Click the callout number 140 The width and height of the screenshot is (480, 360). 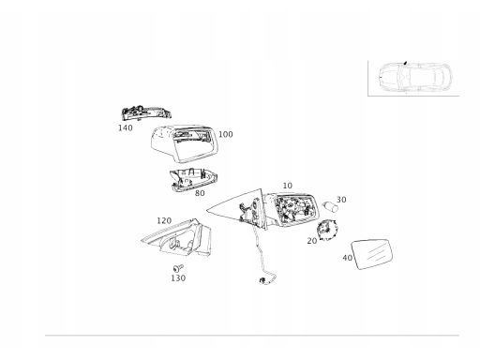coord(126,127)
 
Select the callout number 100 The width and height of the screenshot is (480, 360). coord(226,134)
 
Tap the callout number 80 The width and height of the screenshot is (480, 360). coord(200,193)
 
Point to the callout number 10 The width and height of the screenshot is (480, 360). coord(288,186)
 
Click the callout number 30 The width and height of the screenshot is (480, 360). coord(341,200)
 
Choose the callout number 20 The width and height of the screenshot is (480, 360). coord(312,241)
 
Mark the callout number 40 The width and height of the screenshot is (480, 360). coord(347,258)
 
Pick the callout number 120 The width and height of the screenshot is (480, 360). coord(164,221)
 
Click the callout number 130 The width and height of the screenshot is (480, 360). coord(178,277)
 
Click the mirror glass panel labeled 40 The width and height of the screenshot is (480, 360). coord(372,254)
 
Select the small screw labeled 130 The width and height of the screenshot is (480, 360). coord(178,268)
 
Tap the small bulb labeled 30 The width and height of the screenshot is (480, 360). coord(330,206)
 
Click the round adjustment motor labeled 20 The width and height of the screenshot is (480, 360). coord(327,230)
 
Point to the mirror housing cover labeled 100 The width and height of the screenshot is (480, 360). coord(183,143)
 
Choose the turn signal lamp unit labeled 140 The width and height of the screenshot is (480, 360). coord(146,112)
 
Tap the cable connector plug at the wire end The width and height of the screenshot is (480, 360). coord(262,280)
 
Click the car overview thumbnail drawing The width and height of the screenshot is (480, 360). coord(414,78)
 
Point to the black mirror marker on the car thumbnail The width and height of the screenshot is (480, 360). coord(405,63)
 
